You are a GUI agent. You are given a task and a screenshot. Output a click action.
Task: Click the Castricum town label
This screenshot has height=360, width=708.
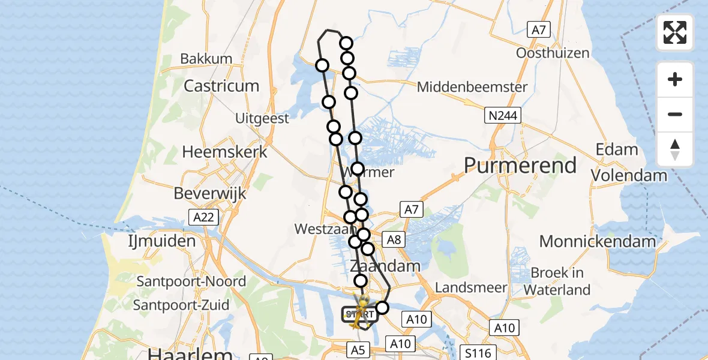tap(221, 86)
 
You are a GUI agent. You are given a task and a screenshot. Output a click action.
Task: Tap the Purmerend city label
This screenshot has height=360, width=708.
tap(520, 165)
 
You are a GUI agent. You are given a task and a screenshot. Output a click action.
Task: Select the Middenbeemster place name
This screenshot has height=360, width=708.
tap(472, 87)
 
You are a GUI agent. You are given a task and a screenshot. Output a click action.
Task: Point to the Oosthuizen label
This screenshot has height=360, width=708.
tap(553, 53)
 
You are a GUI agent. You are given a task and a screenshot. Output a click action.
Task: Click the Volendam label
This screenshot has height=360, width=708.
tap(629, 175)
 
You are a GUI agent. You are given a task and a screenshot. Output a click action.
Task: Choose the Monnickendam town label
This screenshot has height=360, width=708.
tap(598, 241)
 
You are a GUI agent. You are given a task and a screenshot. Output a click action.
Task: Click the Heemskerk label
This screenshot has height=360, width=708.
tap(224, 152)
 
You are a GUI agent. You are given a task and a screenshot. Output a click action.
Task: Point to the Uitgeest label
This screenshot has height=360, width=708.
tap(262, 118)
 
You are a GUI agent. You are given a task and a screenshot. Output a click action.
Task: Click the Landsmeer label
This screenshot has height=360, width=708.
tap(471, 287)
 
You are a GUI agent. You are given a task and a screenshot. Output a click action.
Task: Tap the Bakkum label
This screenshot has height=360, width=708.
tap(206, 59)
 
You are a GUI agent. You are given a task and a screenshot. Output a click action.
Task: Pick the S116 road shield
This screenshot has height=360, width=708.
tap(476, 352)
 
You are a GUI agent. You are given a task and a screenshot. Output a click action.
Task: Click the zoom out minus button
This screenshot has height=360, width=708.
tap(675, 114)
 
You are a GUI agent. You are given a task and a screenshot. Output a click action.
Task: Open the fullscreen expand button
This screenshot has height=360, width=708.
tap(675, 32)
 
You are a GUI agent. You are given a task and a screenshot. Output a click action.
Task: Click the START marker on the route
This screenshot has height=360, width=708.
tap(359, 314)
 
